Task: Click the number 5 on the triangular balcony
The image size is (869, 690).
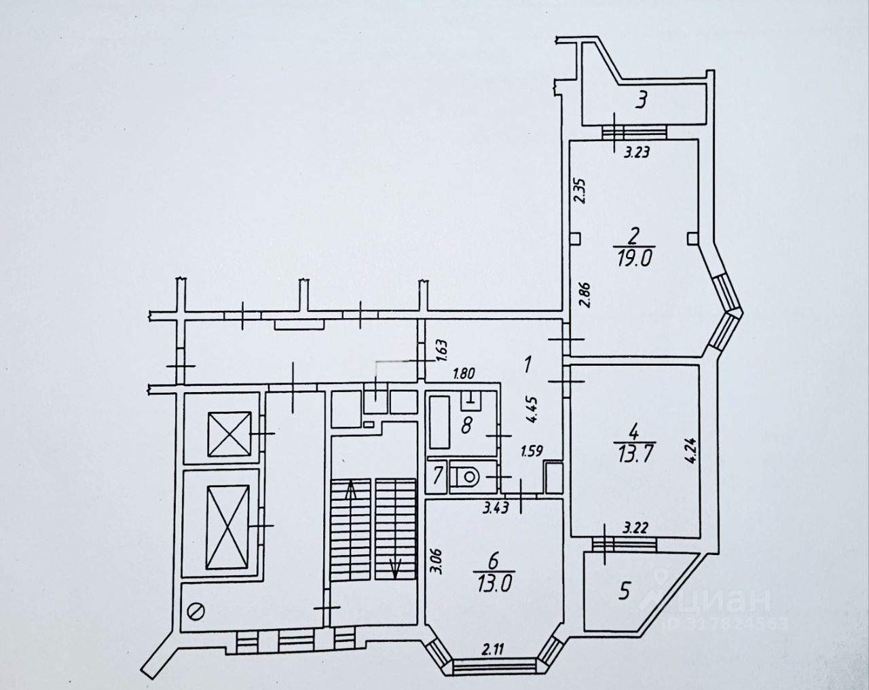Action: coord(624,591)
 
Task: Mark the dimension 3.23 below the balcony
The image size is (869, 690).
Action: coord(637,152)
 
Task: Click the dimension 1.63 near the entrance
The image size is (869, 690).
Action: coord(441,349)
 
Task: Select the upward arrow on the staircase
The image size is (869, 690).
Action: coord(351,490)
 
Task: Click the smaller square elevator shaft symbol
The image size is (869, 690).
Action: coord(230,434)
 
